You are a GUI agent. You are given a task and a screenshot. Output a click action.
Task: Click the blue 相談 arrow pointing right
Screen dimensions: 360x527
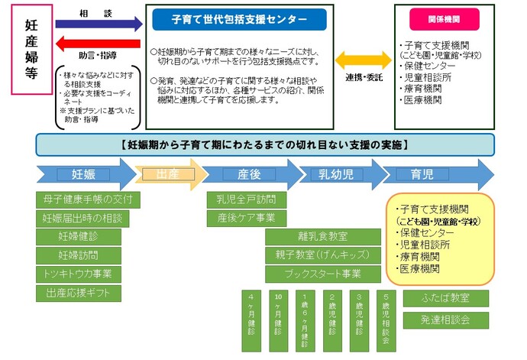coord(99,24)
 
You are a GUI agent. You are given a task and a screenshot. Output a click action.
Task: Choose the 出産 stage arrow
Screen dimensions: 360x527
coord(169,175)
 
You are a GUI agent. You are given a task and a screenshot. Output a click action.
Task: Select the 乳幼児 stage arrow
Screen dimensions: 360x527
coord(336,175)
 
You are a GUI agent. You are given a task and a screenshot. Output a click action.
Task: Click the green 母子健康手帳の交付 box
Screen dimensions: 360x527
coord(89,200)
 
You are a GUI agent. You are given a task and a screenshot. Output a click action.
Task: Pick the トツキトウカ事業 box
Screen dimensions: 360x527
coord(89,274)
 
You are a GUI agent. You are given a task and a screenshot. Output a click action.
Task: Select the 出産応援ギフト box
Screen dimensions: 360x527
coord(89,293)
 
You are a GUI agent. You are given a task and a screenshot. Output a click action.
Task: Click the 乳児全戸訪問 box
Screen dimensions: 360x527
coord(246,200)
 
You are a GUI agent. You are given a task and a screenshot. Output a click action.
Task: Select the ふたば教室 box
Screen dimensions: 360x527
coord(445,298)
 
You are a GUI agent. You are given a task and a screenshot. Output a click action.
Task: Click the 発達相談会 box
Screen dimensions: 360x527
coord(445,320)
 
